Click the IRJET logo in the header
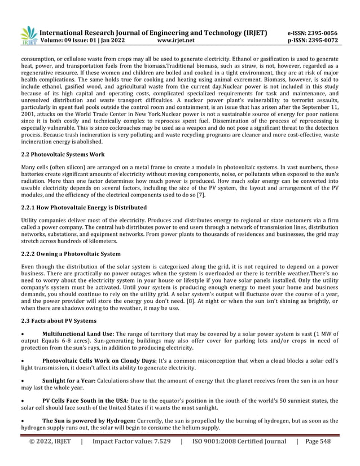[29, 36]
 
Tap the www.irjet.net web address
[176, 41]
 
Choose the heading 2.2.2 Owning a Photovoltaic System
[71, 254]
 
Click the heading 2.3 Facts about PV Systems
[60, 320]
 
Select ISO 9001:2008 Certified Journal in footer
[239, 442]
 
